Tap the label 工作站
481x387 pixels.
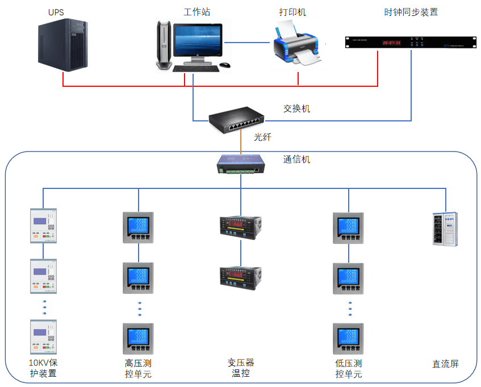point(197,12)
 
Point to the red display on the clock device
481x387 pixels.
point(391,43)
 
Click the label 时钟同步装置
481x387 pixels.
point(411,12)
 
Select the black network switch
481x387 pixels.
point(236,120)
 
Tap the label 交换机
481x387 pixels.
point(296,108)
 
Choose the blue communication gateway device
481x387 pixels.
point(240,164)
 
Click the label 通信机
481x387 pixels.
point(296,159)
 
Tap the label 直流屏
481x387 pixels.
point(445,364)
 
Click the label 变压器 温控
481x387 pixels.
point(241,368)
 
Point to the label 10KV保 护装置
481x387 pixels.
point(44,368)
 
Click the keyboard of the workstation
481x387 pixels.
point(195,69)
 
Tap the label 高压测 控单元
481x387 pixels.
point(138,368)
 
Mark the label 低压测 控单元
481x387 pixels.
point(349,368)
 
